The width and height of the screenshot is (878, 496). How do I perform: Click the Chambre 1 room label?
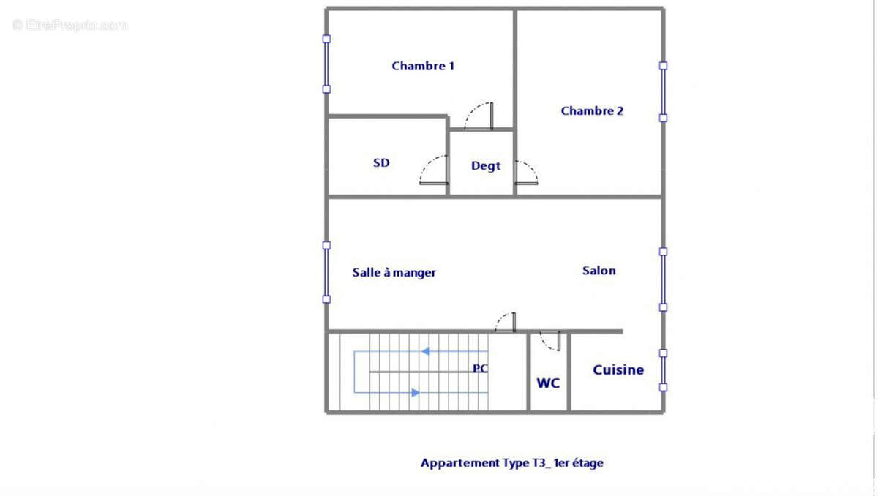pos(423,66)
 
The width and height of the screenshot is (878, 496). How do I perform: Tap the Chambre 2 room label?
pos(592,111)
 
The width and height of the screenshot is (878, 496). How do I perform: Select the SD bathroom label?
pos(381,163)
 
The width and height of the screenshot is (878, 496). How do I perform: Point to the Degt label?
pos(486,166)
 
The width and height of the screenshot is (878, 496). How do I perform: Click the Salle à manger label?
pos(394,273)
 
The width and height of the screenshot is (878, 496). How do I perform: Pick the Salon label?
pos(599,271)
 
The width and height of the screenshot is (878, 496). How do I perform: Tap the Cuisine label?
pos(618,370)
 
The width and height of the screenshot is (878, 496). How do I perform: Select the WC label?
pos(548,383)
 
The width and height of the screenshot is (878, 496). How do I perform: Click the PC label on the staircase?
pos(480,369)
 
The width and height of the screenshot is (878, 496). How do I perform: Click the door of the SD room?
pos(435,171)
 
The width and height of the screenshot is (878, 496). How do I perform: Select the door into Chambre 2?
pos(525,173)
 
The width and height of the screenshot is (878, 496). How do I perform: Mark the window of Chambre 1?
pos(326,64)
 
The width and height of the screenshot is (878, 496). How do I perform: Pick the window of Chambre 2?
pos(663,91)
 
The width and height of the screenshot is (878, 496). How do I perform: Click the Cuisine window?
pos(663,370)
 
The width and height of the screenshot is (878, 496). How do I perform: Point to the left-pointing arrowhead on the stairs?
pos(424,352)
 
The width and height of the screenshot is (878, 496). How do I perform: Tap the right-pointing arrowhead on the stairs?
pos(416,393)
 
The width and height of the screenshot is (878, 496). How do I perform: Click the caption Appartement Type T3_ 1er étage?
pos(511,463)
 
